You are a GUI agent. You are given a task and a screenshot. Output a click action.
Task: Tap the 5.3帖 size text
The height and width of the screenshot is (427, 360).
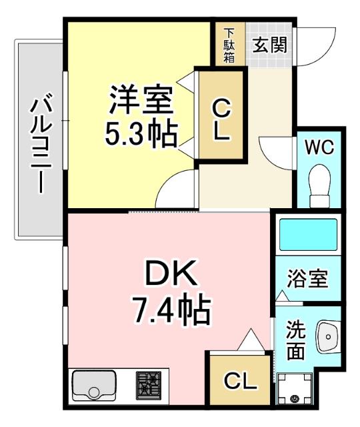(x=141, y=134)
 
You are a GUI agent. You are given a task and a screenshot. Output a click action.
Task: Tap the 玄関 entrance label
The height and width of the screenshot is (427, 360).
(x=270, y=45)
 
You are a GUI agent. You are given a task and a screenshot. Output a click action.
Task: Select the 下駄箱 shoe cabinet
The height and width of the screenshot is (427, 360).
(x=229, y=45)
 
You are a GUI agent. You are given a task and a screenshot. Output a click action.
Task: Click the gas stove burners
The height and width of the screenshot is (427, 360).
(x=150, y=385)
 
